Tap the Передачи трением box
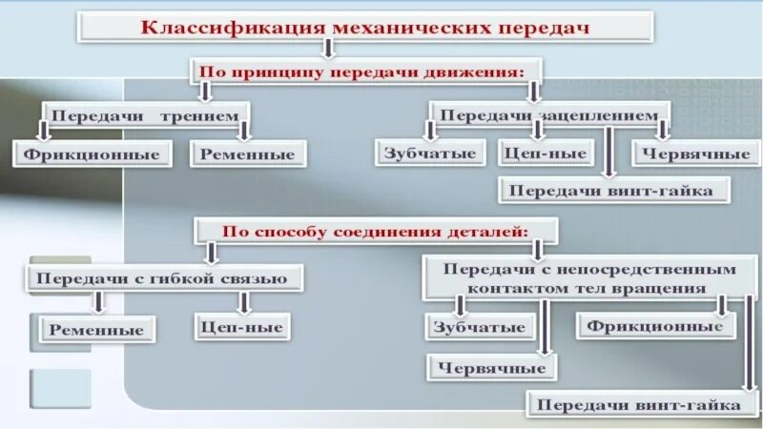(143, 116)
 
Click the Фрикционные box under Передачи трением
(92, 153)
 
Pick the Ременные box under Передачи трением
(248, 153)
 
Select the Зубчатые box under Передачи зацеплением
(429, 153)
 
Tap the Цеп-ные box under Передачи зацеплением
(545, 153)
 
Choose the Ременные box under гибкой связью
(98, 330)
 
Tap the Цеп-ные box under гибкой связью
(242, 326)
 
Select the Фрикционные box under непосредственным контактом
(655, 326)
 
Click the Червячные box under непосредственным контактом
(492, 367)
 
